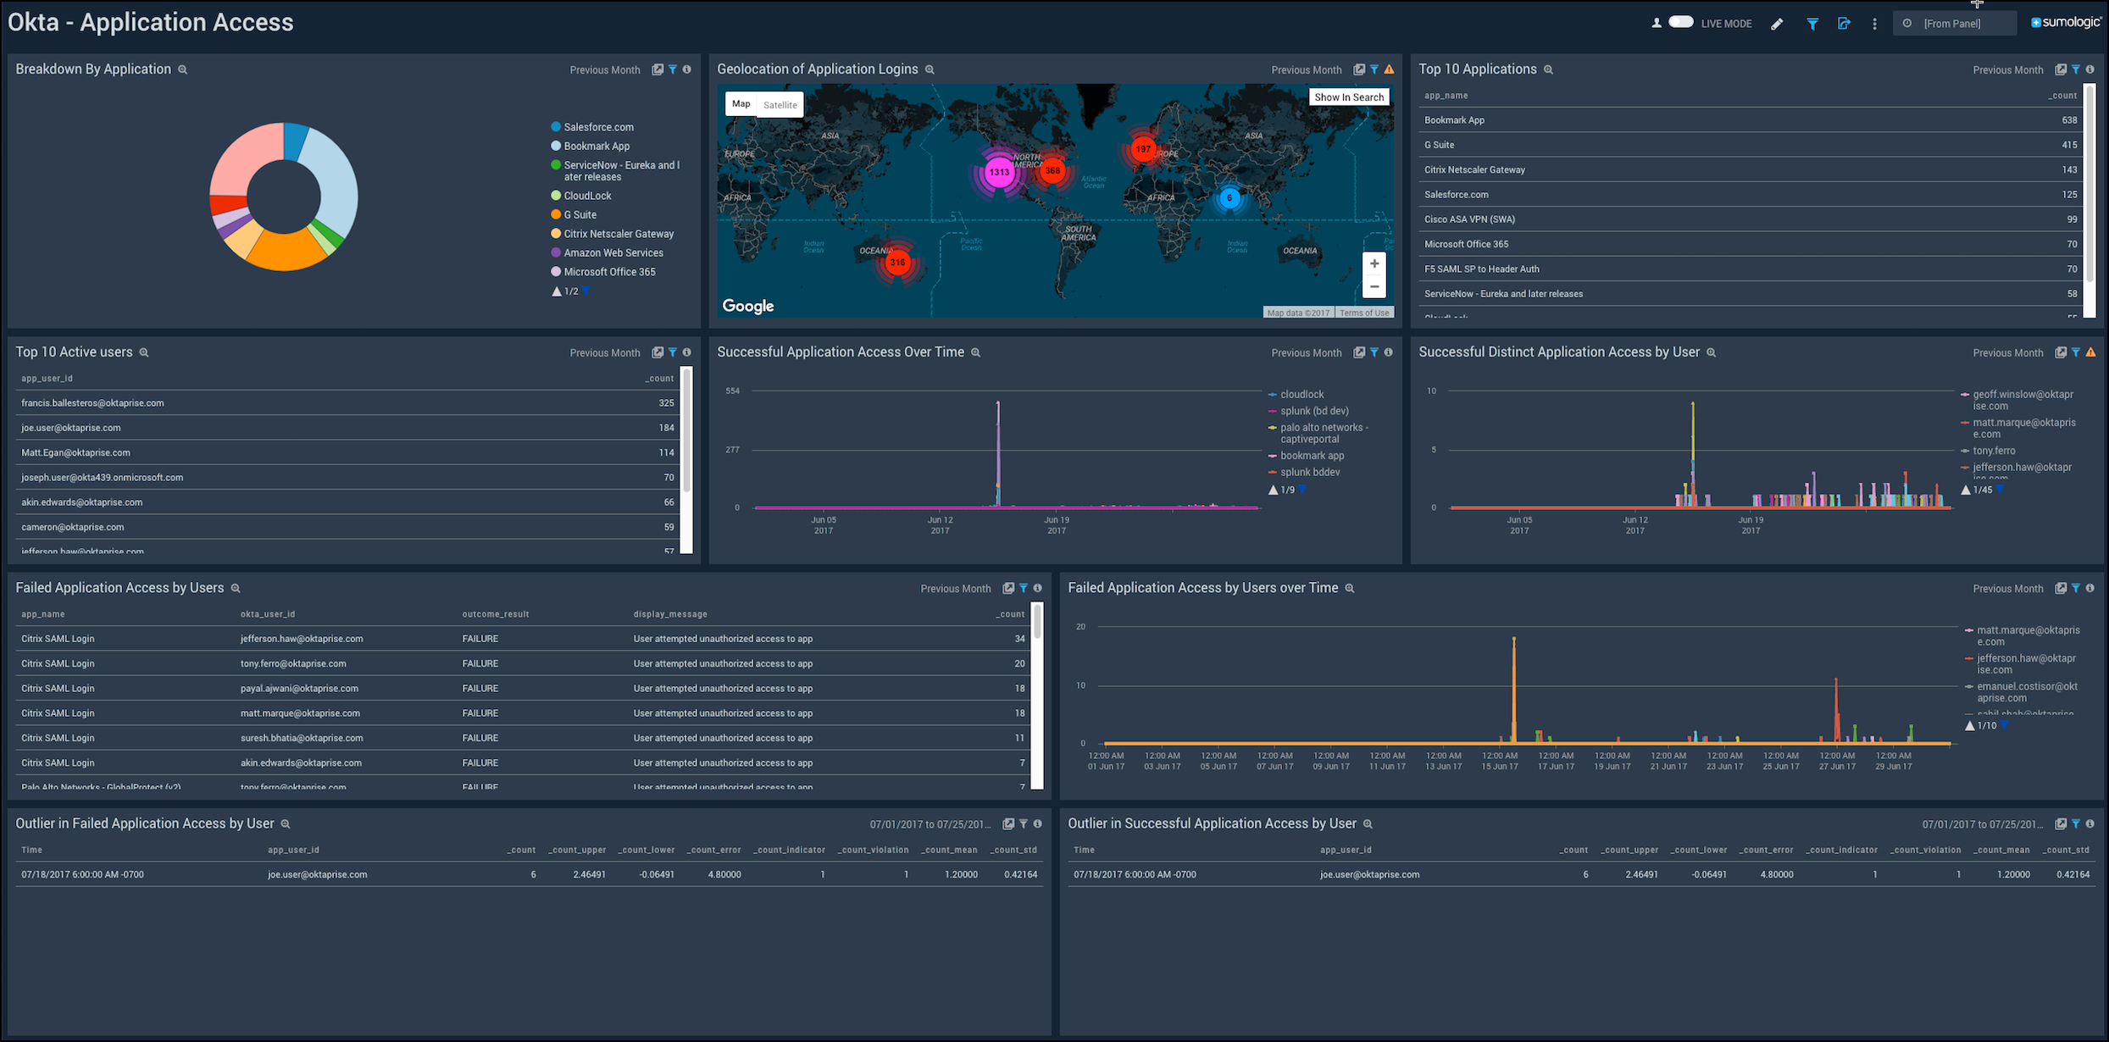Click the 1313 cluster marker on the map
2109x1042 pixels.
click(x=999, y=172)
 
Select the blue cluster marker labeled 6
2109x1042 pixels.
click(x=1229, y=198)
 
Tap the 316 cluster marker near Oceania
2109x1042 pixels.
click(x=896, y=263)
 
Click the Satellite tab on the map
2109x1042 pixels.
click(x=780, y=105)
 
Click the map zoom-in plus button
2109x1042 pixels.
click(x=1374, y=264)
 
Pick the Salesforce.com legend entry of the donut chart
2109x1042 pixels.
click(x=598, y=127)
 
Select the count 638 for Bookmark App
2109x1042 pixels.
click(x=2069, y=120)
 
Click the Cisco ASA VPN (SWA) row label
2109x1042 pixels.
click(x=1469, y=219)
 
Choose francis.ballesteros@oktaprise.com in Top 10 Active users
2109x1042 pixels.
click(x=92, y=403)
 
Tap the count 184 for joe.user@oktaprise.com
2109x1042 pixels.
click(x=666, y=428)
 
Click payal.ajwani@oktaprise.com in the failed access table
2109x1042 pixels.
click(x=299, y=689)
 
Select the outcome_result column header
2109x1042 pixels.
click(x=495, y=614)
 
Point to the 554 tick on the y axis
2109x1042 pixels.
click(x=732, y=391)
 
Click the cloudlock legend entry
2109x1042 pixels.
click(x=1301, y=395)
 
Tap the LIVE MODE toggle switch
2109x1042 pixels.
click(x=1680, y=23)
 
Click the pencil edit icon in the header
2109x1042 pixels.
click(x=1777, y=24)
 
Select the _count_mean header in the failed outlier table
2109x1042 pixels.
click(x=949, y=850)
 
